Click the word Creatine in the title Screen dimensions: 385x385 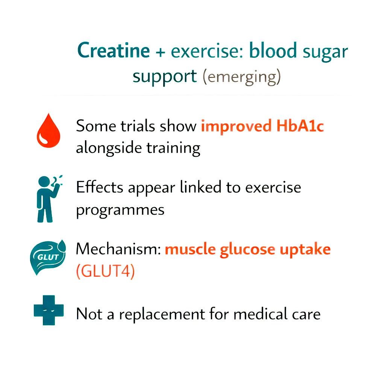point(113,51)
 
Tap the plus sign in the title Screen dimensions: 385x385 point(160,52)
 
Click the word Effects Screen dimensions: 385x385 point(100,187)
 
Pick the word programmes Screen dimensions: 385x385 point(120,210)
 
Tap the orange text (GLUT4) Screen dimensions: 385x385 point(105,271)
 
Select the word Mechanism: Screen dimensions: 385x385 point(118,249)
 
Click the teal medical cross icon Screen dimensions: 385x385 point(49,311)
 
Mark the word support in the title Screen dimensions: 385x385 point(165,77)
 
